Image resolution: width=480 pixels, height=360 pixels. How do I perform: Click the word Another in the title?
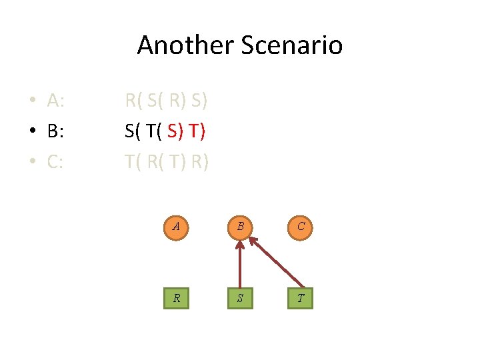coord(179,45)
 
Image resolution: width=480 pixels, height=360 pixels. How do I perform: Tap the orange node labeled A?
coord(176,226)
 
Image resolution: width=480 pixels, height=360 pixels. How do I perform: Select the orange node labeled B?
coord(239,226)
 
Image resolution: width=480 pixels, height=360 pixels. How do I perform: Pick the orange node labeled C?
coord(301,226)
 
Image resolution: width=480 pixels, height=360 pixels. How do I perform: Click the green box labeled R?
coord(176,297)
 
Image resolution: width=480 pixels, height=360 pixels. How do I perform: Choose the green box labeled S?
coord(239,297)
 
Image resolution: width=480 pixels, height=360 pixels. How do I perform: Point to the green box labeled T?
coord(301,297)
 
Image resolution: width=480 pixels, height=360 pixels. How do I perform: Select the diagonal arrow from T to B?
coord(275,265)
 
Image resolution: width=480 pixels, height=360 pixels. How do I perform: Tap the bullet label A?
coord(55,101)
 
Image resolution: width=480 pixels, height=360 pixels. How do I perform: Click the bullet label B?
coord(55,131)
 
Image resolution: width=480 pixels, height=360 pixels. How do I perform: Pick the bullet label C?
coord(55,161)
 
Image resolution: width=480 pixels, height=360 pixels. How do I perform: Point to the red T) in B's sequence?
coord(197,131)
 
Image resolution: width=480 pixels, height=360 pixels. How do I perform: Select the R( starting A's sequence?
coord(133,101)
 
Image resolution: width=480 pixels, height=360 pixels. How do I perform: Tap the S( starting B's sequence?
coord(133,131)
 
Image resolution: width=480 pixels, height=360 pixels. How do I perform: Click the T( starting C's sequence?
coord(133,161)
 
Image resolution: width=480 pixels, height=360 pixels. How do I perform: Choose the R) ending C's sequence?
coord(200,161)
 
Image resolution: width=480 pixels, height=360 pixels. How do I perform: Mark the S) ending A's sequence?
coord(199,101)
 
